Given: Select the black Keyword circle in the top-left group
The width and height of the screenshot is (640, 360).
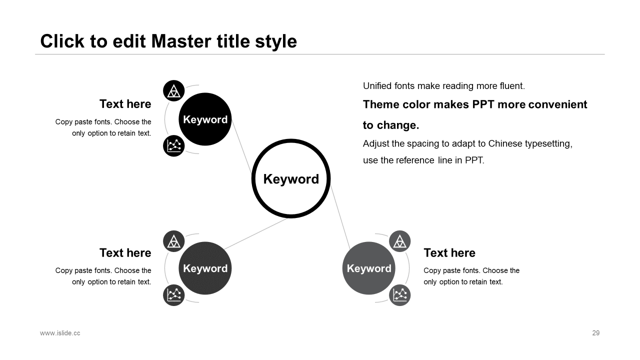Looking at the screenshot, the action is pyautogui.click(x=205, y=119).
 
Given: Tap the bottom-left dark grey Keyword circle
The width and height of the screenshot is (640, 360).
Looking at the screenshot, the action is pyautogui.click(x=205, y=268).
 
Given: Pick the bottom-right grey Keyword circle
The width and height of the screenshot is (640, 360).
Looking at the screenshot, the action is pyautogui.click(x=369, y=268).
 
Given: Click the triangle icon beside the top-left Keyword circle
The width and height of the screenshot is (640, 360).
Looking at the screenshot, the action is pyautogui.click(x=173, y=91).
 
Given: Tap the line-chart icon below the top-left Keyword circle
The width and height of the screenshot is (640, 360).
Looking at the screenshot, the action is pyautogui.click(x=173, y=145).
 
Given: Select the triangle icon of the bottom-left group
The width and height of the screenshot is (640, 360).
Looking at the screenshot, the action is pyautogui.click(x=173, y=241).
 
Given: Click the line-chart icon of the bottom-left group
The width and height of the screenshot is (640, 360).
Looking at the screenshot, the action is pyautogui.click(x=173, y=295).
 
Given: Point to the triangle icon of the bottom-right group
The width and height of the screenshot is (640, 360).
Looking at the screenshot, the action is pyautogui.click(x=399, y=241).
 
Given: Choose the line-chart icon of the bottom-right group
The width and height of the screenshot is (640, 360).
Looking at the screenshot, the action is pyautogui.click(x=399, y=295).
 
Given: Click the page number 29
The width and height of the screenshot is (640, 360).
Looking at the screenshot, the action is pyautogui.click(x=595, y=333).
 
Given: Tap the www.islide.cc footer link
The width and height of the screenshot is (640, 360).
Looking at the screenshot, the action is pyautogui.click(x=60, y=333).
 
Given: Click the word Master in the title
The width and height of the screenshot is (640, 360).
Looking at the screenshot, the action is pyautogui.click(x=181, y=41).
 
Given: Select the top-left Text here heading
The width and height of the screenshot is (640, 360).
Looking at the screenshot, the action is pyautogui.click(x=125, y=104).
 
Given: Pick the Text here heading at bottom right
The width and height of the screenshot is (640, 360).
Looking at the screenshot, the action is pyautogui.click(x=449, y=253).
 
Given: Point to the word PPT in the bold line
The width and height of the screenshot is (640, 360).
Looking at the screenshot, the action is pyautogui.click(x=483, y=104).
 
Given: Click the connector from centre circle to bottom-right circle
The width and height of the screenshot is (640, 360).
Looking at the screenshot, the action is pyautogui.click(x=340, y=217).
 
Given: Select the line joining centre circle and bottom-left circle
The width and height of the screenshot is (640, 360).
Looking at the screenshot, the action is pyautogui.click(x=255, y=233).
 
